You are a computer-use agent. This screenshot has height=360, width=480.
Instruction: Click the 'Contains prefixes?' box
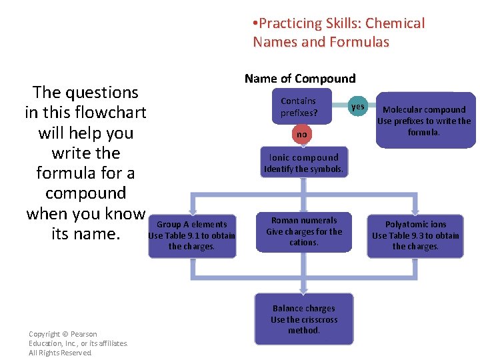299,107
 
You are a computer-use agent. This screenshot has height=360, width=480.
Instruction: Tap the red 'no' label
302,135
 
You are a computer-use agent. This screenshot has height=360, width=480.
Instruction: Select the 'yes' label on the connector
358,107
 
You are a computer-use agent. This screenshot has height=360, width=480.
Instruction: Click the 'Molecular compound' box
424,121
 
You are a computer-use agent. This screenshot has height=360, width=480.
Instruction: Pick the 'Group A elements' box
191,235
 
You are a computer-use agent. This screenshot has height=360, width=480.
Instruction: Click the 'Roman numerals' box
304,231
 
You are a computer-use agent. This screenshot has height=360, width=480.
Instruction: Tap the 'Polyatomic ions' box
415,235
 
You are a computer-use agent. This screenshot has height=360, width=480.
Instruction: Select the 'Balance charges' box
304,319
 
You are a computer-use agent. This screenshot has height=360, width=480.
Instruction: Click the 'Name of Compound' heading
300,79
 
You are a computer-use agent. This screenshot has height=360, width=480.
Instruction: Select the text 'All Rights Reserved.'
61,353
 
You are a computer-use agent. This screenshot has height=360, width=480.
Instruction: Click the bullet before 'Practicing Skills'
255,24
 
